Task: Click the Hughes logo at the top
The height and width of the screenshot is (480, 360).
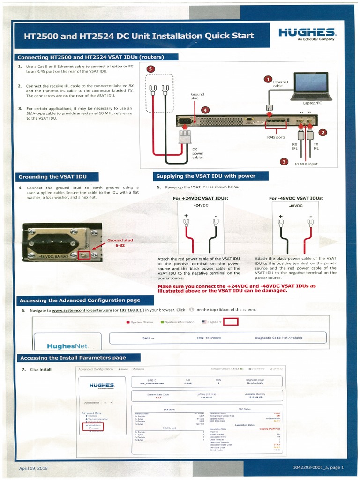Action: tap(307, 33)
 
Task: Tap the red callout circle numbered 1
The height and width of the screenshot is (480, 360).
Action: tap(268, 80)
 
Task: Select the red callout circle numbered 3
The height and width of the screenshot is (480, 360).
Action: tap(284, 162)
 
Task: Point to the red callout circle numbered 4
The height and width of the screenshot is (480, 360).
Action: tap(205, 110)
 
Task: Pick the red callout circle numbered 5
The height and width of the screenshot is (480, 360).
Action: tap(150, 69)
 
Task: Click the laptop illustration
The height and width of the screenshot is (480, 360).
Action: tap(311, 88)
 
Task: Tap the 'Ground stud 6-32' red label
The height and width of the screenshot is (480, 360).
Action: tap(120, 242)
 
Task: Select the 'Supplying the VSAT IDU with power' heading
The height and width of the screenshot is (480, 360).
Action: tap(206, 176)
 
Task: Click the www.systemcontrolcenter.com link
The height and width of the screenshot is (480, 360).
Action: tap(82, 310)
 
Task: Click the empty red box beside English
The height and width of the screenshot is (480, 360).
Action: tap(231, 322)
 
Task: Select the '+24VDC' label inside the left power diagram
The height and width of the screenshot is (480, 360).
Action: tap(201, 205)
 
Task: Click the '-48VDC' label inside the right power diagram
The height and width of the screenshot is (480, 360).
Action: tap(295, 206)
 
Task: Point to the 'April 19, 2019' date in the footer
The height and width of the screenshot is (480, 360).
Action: tap(33, 468)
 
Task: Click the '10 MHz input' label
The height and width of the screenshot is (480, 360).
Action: tap(306, 164)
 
